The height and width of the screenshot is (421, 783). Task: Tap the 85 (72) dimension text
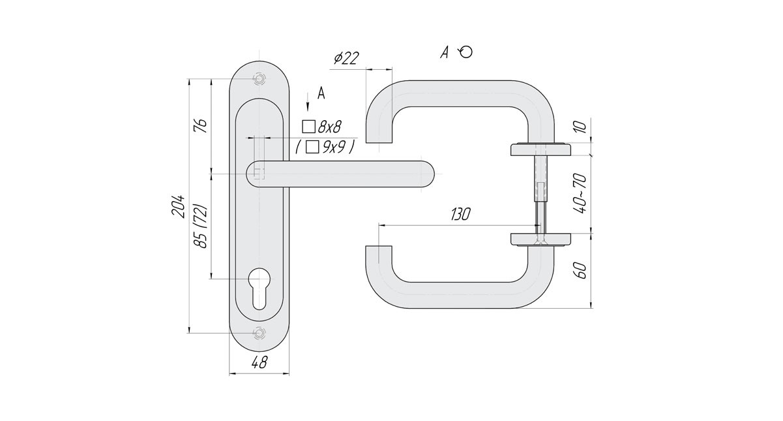pos(201,225)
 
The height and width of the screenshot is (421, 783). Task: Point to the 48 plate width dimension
pos(259,364)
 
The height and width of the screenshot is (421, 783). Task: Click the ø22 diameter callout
pos(346,58)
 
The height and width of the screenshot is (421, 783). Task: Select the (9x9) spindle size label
pos(325,148)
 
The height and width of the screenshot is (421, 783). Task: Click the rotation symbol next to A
pos(465,52)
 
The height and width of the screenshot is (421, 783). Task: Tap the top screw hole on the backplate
pos(259,78)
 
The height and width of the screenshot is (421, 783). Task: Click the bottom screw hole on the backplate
pos(259,333)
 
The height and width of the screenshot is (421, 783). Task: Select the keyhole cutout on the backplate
pos(259,287)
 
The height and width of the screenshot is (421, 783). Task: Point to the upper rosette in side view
pos(540,149)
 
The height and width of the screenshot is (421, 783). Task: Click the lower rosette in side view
pos(540,238)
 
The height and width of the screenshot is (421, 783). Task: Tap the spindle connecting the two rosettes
pos(540,193)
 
